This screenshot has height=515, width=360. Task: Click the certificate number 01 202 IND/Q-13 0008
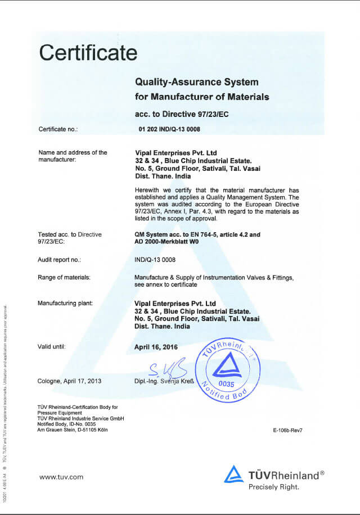click(169, 129)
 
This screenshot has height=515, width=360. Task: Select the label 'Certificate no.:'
click(58, 129)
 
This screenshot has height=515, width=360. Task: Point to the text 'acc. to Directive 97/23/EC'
click(181, 114)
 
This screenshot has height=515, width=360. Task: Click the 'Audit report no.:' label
click(60, 260)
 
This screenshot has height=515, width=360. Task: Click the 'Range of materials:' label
click(64, 277)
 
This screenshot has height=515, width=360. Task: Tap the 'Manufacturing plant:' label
click(65, 304)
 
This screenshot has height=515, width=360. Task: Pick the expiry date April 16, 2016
click(156, 347)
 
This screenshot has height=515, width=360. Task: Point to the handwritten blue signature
click(167, 369)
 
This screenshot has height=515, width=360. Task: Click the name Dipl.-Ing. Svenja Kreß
click(164, 381)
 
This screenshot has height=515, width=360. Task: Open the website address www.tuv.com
click(61, 477)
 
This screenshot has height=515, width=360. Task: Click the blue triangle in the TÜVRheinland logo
click(234, 474)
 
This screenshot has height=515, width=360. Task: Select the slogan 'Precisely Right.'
click(274, 487)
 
